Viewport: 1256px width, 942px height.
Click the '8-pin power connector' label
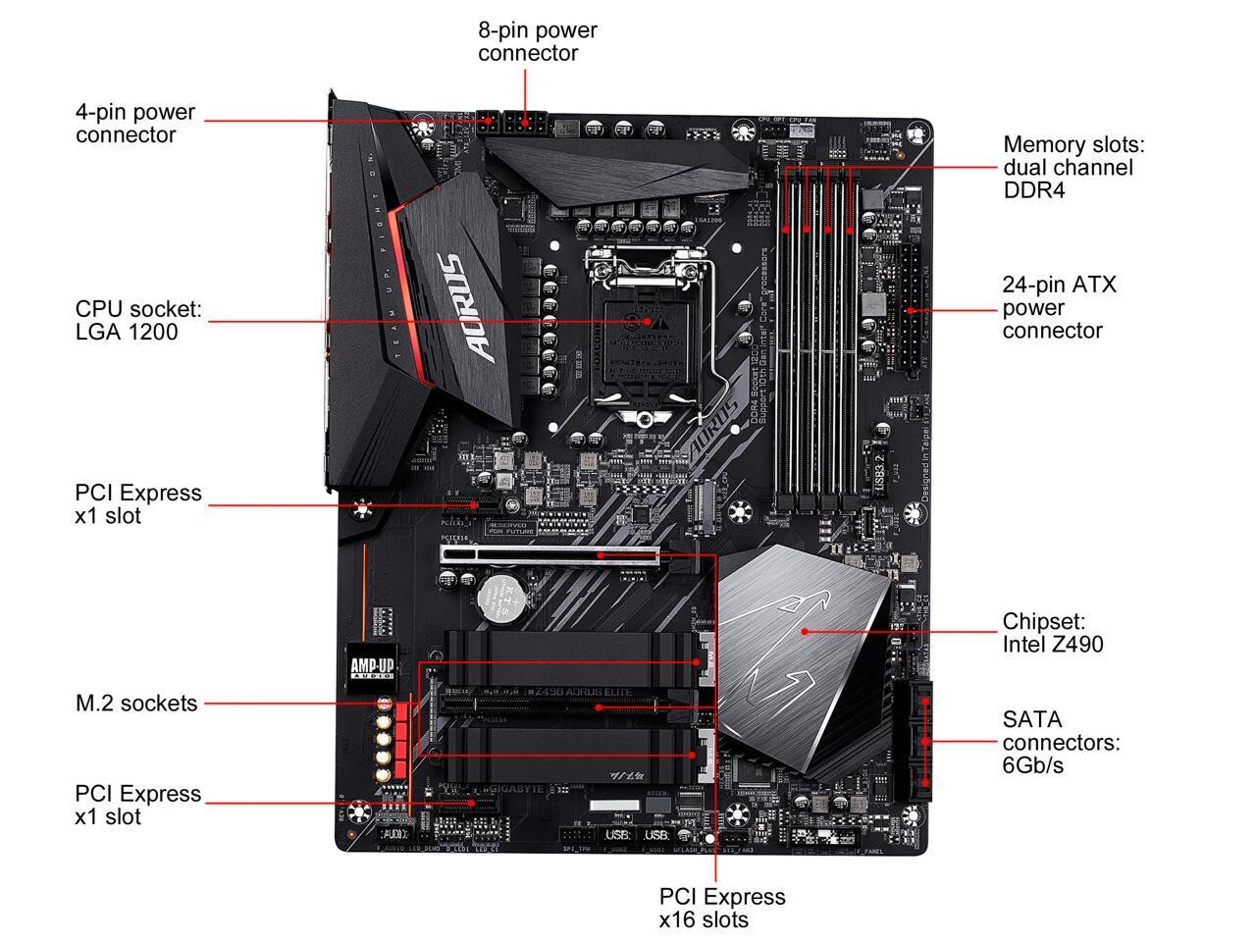pyautogui.click(x=537, y=41)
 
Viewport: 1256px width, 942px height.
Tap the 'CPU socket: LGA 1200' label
pyautogui.click(x=137, y=321)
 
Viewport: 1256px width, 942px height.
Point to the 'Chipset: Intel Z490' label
pyautogui.click(x=1052, y=633)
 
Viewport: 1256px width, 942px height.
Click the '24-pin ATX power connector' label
pyautogui.click(x=1058, y=307)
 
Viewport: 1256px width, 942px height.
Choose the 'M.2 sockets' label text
pyautogui.click(x=136, y=703)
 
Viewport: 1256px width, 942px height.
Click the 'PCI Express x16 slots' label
pyautogui.click(x=721, y=908)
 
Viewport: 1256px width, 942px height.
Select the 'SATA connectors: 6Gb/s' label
pyautogui.click(x=1060, y=742)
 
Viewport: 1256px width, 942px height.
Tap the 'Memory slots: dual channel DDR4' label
pyautogui.click(x=1073, y=167)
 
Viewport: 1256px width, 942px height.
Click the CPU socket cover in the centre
pyautogui.click(x=643, y=334)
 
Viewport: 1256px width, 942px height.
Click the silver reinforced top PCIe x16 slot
pyautogui.click(x=549, y=554)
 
